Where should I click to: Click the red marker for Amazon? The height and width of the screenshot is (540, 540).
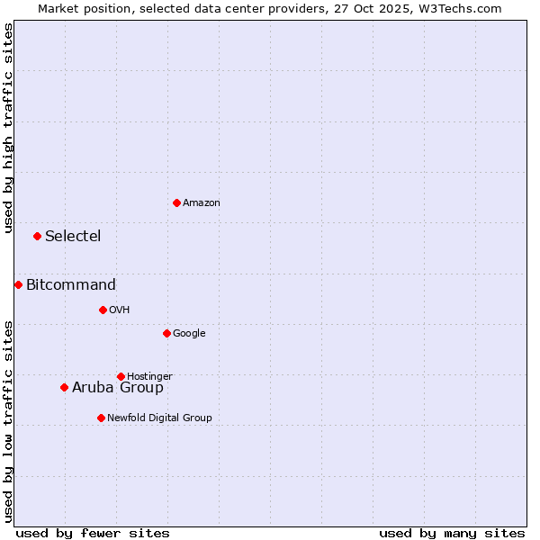pyautogui.click(x=176, y=202)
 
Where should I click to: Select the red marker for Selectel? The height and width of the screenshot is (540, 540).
pyautogui.click(x=37, y=237)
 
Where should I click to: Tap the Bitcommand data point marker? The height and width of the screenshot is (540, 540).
pyautogui.click(x=18, y=285)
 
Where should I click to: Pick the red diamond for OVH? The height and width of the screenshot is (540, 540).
pyautogui.click(x=103, y=310)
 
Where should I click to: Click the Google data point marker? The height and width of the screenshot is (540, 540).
pyautogui.click(x=166, y=334)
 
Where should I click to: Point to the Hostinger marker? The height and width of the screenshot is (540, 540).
pyautogui.click(x=121, y=376)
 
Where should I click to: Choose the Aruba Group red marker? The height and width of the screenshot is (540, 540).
pyautogui.click(x=64, y=388)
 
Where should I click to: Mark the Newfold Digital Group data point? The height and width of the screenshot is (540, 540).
pyautogui.click(x=101, y=418)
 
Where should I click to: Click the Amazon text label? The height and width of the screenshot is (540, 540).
pyautogui.click(x=202, y=203)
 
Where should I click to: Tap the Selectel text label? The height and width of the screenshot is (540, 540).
pyautogui.click(x=73, y=237)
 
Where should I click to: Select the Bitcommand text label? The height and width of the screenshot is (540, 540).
pyautogui.click(x=71, y=285)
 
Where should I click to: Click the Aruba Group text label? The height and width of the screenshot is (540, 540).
pyautogui.click(x=118, y=388)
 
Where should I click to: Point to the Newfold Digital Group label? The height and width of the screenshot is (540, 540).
pyautogui.click(x=159, y=418)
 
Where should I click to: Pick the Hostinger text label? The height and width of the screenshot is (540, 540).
pyautogui.click(x=149, y=376)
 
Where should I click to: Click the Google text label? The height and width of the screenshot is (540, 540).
pyautogui.click(x=189, y=334)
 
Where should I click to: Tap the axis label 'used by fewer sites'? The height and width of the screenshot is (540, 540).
pyautogui.click(x=93, y=533)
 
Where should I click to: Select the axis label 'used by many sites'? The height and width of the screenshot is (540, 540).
pyautogui.click(x=452, y=533)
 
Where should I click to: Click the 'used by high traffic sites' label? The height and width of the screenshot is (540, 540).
pyautogui.click(x=8, y=128)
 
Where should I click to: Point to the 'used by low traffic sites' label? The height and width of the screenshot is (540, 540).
pyautogui.click(x=8, y=420)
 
